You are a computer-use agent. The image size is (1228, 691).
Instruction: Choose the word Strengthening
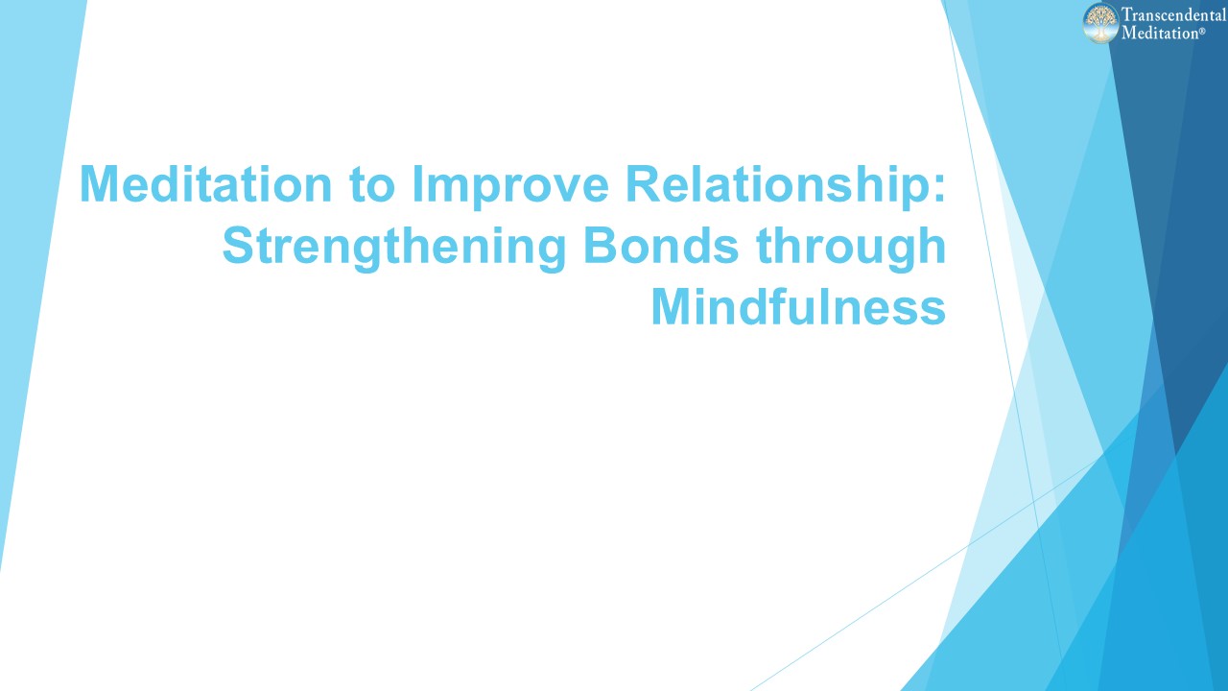(393, 248)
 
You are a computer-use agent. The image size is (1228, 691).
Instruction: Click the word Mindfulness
(798, 307)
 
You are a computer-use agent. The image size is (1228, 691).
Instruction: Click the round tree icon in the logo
(1101, 23)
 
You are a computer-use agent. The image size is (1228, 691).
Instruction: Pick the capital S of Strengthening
(240, 246)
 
